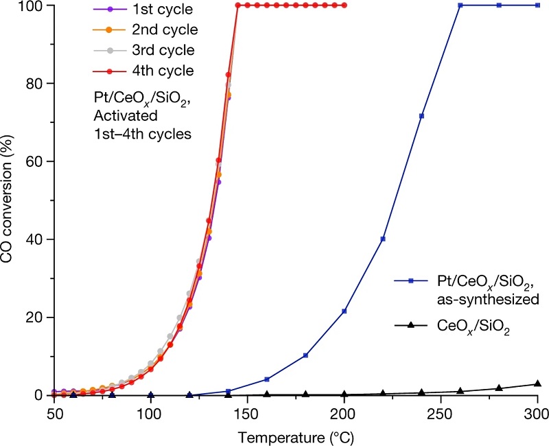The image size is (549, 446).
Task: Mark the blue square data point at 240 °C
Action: click(x=421, y=115)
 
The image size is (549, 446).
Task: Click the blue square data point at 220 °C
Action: click(x=382, y=239)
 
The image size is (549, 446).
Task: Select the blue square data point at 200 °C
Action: click(x=344, y=311)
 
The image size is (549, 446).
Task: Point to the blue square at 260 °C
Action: click(x=460, y=5)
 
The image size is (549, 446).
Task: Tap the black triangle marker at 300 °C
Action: click(x=537, y=383)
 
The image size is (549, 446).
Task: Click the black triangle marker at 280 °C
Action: click(x=499, y=388)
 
